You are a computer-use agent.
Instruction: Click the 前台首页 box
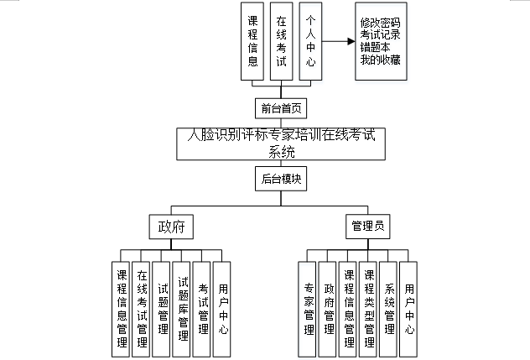click(278, 108)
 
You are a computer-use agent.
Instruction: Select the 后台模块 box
click(278, 179)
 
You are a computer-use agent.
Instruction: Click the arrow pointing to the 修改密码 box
click(338, 40)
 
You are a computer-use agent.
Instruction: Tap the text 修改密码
click(381, 23)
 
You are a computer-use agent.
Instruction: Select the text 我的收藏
click(381, 60)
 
